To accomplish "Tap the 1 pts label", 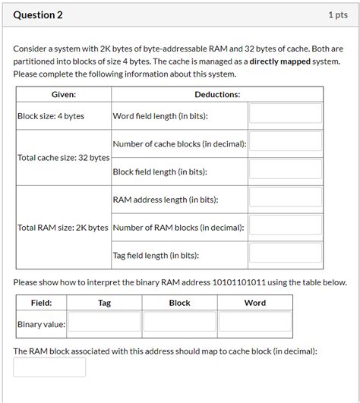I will (x=337, y=15).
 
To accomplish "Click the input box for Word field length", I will (x=286, y=115).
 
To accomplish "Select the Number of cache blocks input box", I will (x=286, y=143).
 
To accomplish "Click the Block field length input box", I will (x=286, y=172).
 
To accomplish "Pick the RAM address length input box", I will (x=286, y=199).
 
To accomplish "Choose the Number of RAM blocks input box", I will (x=286, y=227).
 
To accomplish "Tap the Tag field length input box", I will (x=286, y=255).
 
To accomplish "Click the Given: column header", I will (x=63, y=94).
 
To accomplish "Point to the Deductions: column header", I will (x=217, y=94).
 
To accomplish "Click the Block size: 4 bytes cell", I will (x=51, y=116).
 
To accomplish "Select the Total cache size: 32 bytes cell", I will (x=63, y=158).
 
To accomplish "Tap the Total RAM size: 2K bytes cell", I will (x=63, y=228).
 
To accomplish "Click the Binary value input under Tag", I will (x=105, y=324).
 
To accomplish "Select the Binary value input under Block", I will (x=179, y=324).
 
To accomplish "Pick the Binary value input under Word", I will (x=255, y=324).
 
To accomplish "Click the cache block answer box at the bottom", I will (x=49, y=368).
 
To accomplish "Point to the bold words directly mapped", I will (x=280, y=61).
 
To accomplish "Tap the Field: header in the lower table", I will (x=42, y=303).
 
